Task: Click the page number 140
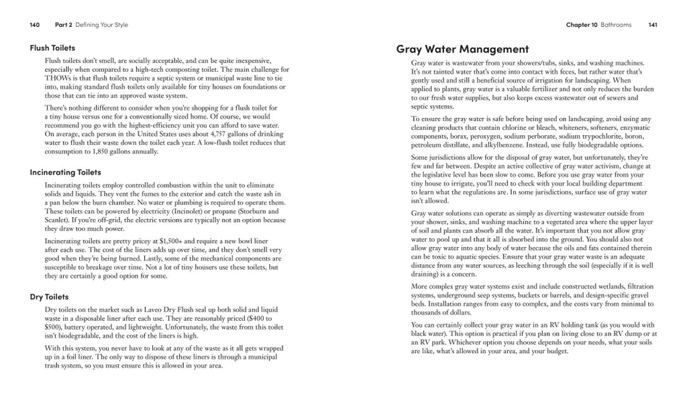(35, 25)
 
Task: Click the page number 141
(652, 25)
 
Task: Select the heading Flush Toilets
(52, 48)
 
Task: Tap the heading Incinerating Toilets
(65, 172)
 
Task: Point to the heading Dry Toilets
(49, 296)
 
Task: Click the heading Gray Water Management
(462, 48)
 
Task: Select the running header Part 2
(64, 25)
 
